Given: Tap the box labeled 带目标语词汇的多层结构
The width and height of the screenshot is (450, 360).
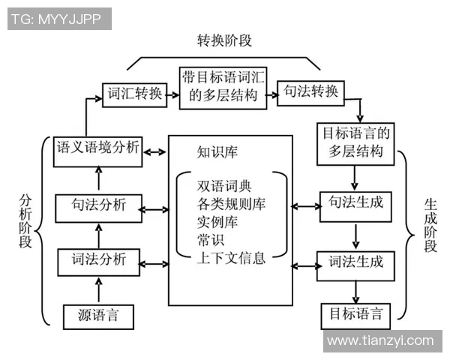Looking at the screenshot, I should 223,87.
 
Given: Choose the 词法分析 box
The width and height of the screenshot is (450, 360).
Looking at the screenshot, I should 99,261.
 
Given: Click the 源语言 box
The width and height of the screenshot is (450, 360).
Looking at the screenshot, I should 97,316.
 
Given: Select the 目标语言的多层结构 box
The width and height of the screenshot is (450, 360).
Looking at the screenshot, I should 356,142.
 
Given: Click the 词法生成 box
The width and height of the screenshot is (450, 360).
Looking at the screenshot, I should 356,262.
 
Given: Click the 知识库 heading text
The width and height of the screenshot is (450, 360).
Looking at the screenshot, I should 217,152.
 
